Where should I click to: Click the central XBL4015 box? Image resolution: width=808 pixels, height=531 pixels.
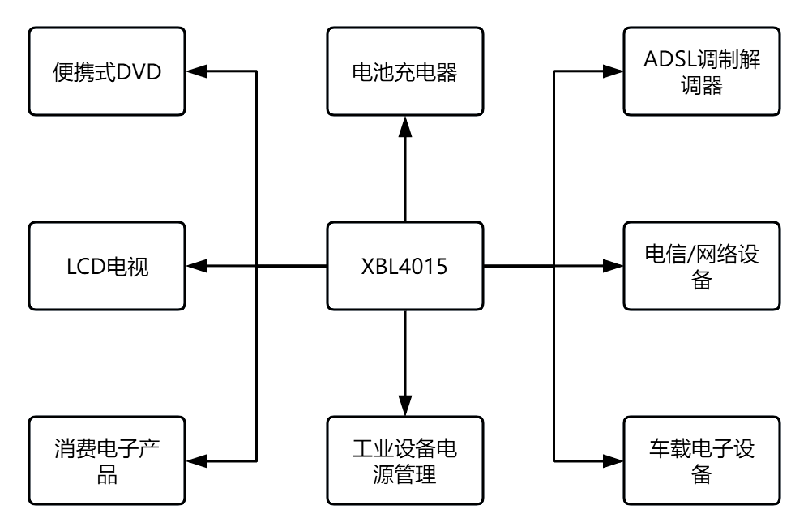(x=403, y=265)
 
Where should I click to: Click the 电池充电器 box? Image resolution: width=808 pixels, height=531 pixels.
(x=403, y=71)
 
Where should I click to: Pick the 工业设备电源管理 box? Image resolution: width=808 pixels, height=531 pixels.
(x=403, y=461)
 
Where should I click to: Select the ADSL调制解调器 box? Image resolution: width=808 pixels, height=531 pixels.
(x=701, y=71)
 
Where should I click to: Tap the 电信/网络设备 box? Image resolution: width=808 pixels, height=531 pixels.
(x=701, y=265)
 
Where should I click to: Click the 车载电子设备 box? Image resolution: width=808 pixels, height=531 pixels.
(x=701, y=461)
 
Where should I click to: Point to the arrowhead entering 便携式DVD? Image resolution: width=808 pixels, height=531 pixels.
(x=195, y=71)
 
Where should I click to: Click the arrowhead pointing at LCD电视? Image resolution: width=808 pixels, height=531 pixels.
(x=195, y=265)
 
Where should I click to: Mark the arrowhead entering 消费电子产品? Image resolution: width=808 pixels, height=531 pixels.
(x=195, y=461)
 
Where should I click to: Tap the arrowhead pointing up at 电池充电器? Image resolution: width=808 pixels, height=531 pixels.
(x=403, y=125)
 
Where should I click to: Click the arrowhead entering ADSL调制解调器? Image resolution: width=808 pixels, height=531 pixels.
(x=613, y=71)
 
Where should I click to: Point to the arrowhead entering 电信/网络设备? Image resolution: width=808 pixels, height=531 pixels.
(x=613, y=265)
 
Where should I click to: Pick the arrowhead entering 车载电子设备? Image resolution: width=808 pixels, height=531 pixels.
(x=613, y=461)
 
